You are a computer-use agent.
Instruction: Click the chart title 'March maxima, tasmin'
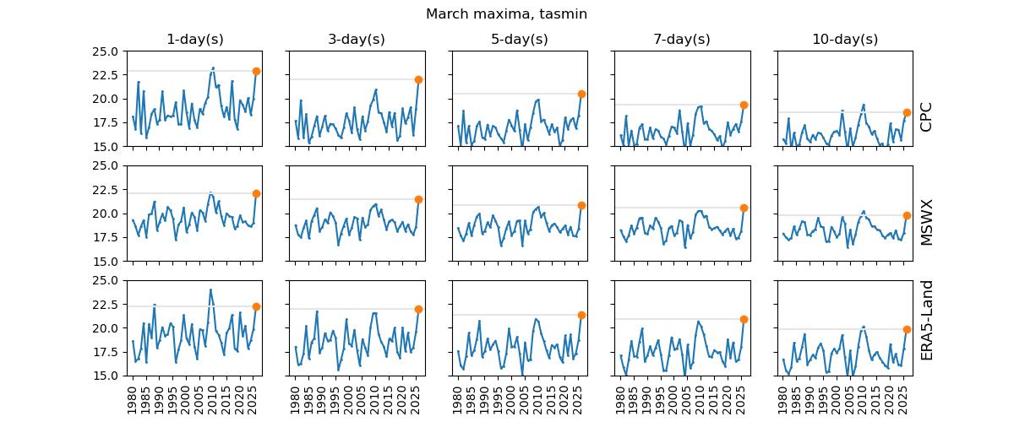(506, 14)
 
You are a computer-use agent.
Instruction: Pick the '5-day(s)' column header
(519, 40)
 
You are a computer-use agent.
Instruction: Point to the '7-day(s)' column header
(682, 40)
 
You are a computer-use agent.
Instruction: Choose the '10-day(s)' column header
(844, 40)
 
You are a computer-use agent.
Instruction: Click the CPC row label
(926, 116)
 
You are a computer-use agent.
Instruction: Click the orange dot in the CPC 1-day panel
(256, 71)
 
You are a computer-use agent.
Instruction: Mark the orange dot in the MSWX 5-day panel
(581, 205)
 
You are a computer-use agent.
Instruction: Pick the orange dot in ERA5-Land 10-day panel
(907, 329)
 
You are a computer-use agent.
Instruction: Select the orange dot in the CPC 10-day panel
(907, 112)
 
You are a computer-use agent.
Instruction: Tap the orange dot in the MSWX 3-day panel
(418, 199)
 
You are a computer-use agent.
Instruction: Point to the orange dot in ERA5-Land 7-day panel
(744, 319)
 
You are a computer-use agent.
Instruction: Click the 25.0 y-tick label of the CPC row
(105, 51)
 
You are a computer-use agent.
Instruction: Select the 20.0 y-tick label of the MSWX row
(105, 214)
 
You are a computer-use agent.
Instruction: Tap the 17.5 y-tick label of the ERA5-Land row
(105, 352)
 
